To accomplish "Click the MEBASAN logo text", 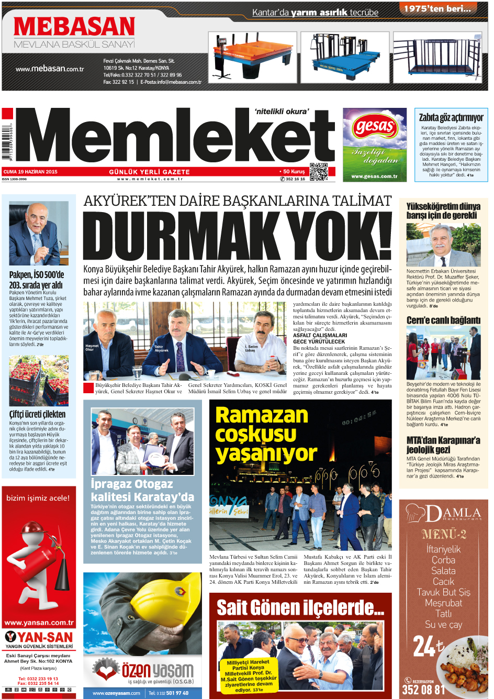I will (x=74, y=27).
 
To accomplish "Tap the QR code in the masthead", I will (x=318, y=172).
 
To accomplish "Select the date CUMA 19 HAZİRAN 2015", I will (x=30, y=172).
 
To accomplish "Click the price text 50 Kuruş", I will (x=294, y=171).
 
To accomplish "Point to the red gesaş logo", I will (x=375, y=126).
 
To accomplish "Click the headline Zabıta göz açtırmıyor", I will (x=451, y=117).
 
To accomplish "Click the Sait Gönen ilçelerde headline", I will (x=300, y=608).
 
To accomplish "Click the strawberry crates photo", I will (x=39, y=381).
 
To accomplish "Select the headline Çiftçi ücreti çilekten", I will (x=37, y=414).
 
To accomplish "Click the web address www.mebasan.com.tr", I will (x=50, y=69).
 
